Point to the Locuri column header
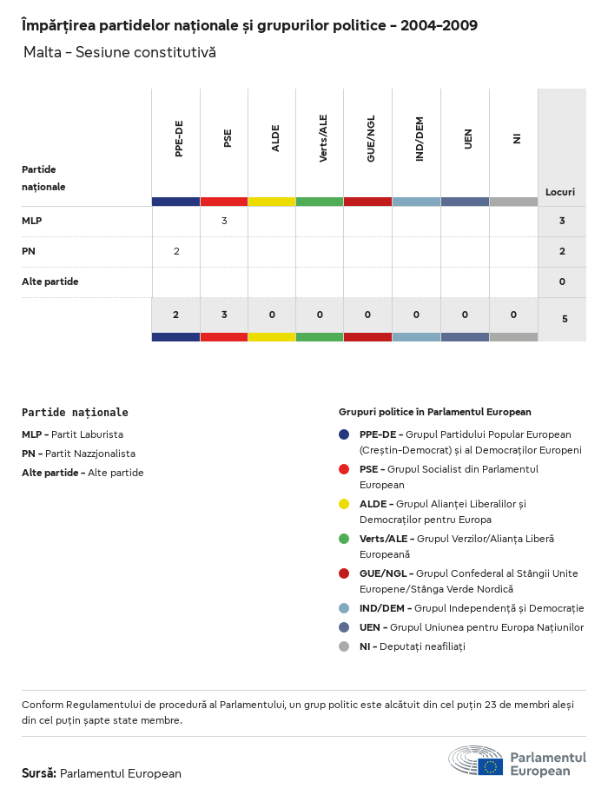pos(560,191)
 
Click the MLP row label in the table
pos(32,221)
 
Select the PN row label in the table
pos(29,251)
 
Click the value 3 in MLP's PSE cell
pos(224,221)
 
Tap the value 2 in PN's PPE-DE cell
pos(176,251)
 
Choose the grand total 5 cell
pos(565,319)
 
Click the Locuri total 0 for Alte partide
pos(562,282)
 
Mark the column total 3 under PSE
pos(224,315)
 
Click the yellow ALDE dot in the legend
pos(344,504)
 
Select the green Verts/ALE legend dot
pos(344,539)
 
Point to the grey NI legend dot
pos(344,646)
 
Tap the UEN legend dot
pos(344,627)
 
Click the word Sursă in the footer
pos(39,773)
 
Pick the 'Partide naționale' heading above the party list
pos(75,413)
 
